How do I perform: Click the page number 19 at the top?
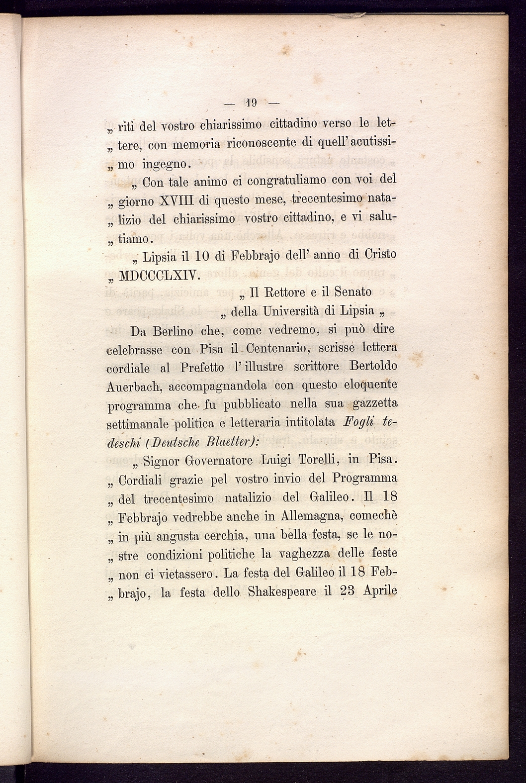point(250,103)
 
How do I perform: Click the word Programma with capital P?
point(364,479)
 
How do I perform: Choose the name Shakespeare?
point(282,592)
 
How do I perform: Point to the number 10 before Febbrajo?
point(201,256)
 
